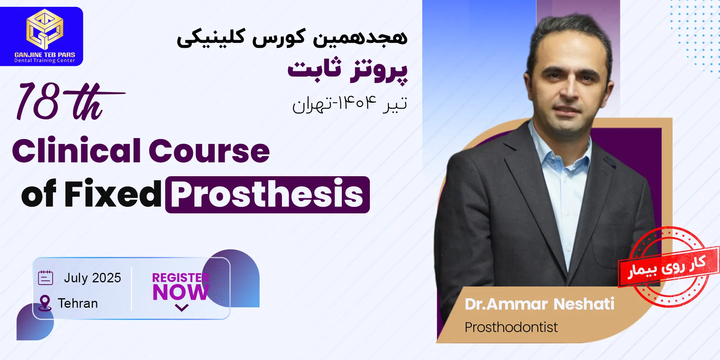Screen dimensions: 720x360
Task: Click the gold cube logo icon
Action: click(x=45, y=30)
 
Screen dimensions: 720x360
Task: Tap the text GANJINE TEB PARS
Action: click(x=45, y=55)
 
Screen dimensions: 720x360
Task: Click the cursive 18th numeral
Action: click(x=70, y=102)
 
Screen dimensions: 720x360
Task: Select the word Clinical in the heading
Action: click(x=78, y=150)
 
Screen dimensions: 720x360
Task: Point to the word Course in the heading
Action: click(x=209, y=151)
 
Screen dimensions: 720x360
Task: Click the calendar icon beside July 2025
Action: click(x=45, y=277)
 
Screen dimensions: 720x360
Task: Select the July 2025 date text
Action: click(x=92, y=278)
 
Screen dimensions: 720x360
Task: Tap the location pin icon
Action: click(x=45, y=303)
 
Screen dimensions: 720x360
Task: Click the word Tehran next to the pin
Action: click(x=78, y=304)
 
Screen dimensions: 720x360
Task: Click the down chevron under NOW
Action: click(x=182, y=308)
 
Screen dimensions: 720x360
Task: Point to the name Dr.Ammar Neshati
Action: click(x=539, y=304)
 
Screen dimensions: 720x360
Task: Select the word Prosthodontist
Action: click(x=511, y=327)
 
